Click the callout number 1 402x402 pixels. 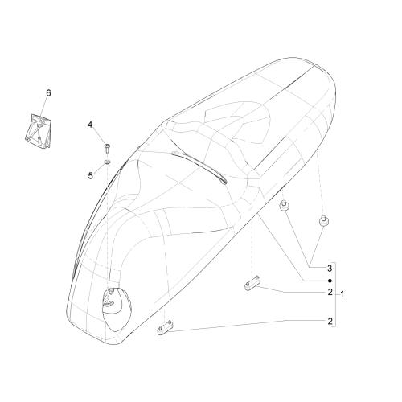click(343, 294)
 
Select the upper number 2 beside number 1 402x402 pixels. click(330, 292)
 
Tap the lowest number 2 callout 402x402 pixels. click(330, 321)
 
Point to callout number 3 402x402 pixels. click(330, 269)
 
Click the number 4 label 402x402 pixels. click(90, 125)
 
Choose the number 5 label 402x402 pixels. click(91, 176)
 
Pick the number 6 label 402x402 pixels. click(48, 93)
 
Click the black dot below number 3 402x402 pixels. click(330, 281)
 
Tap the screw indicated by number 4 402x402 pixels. click(108, 148)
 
